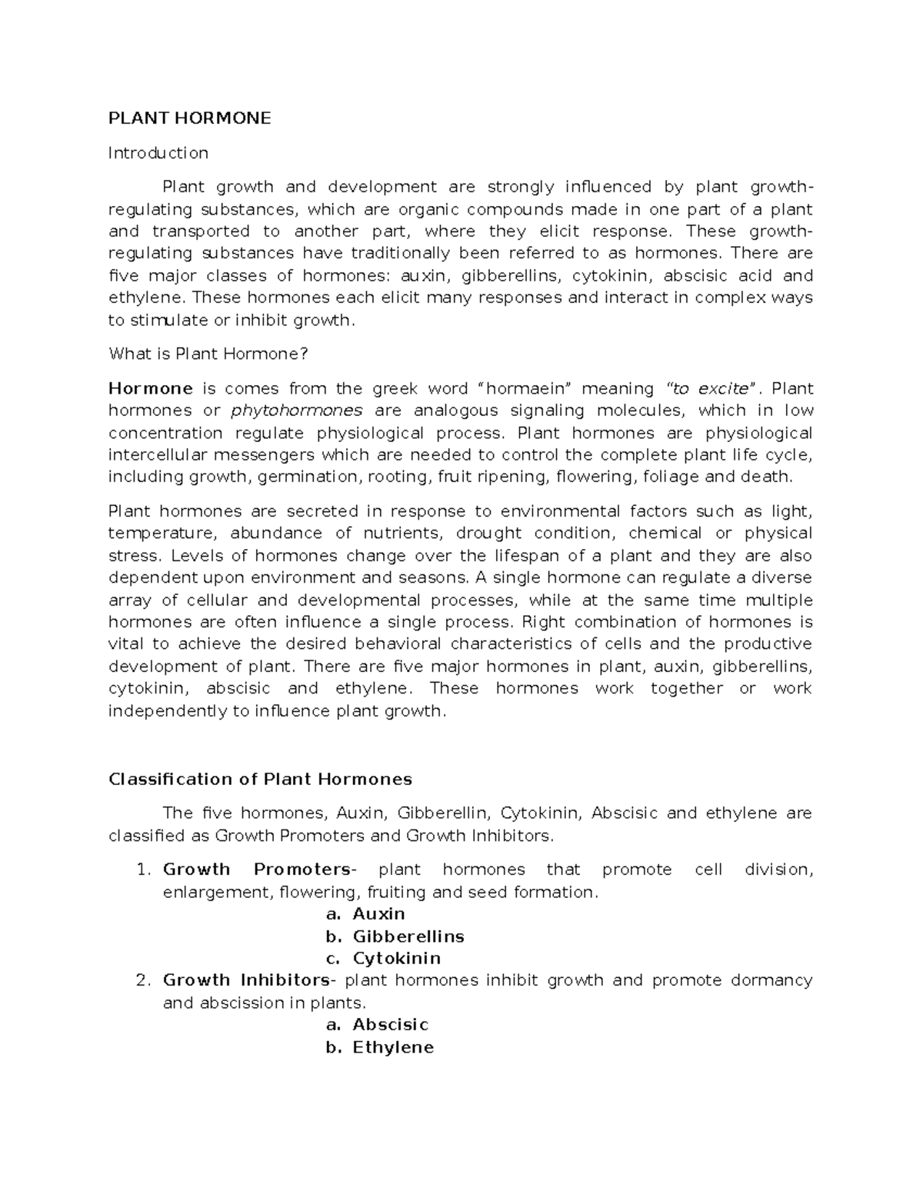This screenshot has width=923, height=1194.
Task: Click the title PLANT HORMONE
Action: click(x=189, y=118)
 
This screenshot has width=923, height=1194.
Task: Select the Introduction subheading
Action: click(x=158, y=153)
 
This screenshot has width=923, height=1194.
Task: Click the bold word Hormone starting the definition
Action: click(x=150, y=388)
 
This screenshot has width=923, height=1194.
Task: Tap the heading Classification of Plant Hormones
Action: click(x=260, y=780)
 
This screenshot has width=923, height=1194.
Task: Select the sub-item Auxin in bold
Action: click(x=378, y=914)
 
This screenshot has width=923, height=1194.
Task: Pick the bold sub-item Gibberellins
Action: click(x=408, y=936)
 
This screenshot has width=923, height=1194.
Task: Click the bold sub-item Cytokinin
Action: click(x=397, y=959)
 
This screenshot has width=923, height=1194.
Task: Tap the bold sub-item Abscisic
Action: click(x=390, y=1025)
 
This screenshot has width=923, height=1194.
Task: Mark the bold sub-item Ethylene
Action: click(x=393, y=1047)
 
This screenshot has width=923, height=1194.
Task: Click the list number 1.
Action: click(x=140, y=870)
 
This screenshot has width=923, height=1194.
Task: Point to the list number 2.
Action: click(x=140, y=980)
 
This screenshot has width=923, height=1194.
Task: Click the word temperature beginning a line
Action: click(x=159, y=534)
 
